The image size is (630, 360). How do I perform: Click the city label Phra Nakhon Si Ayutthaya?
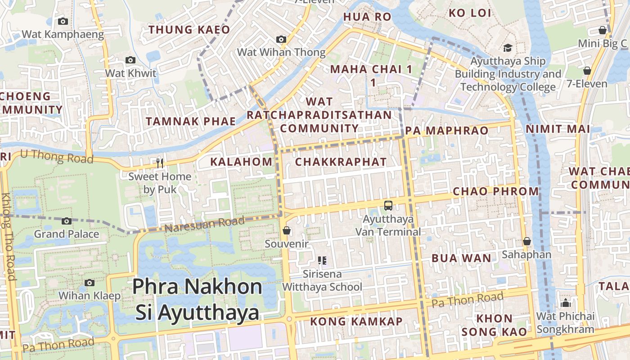[x=198, y=299]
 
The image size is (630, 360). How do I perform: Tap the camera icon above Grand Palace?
[x=67, y=221]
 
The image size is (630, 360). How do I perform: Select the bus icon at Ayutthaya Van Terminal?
[x=388, y=206]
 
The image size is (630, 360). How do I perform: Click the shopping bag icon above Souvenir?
[x=287, y=231]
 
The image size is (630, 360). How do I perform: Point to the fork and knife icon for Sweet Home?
[x=159, y=163]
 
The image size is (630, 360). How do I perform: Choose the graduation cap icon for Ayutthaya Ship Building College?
[x=508, y=48]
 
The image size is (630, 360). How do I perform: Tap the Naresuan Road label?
[x=204, y=224]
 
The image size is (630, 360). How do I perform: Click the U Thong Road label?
[x=57, y=157]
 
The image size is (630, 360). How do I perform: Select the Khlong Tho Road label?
[x=9, y=236]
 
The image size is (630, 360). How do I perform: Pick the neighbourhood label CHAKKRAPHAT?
[x=341, y=162]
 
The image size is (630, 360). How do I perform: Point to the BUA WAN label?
[x=461, y=258]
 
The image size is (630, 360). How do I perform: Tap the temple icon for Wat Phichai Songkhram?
[x=566, y=303]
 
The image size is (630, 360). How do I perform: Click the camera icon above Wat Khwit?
[x=130, y=60]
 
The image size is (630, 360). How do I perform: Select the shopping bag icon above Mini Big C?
[x=603, y=30]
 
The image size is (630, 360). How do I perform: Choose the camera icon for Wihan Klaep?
[x=90, y=283]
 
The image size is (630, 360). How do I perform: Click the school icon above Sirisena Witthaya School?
[x=322, y=260]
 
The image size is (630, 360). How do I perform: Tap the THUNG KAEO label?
[x=189, y=30]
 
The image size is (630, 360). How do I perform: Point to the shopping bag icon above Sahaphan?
[x=526, y=242]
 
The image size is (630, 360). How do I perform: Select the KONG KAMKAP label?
[x=356, y=321]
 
